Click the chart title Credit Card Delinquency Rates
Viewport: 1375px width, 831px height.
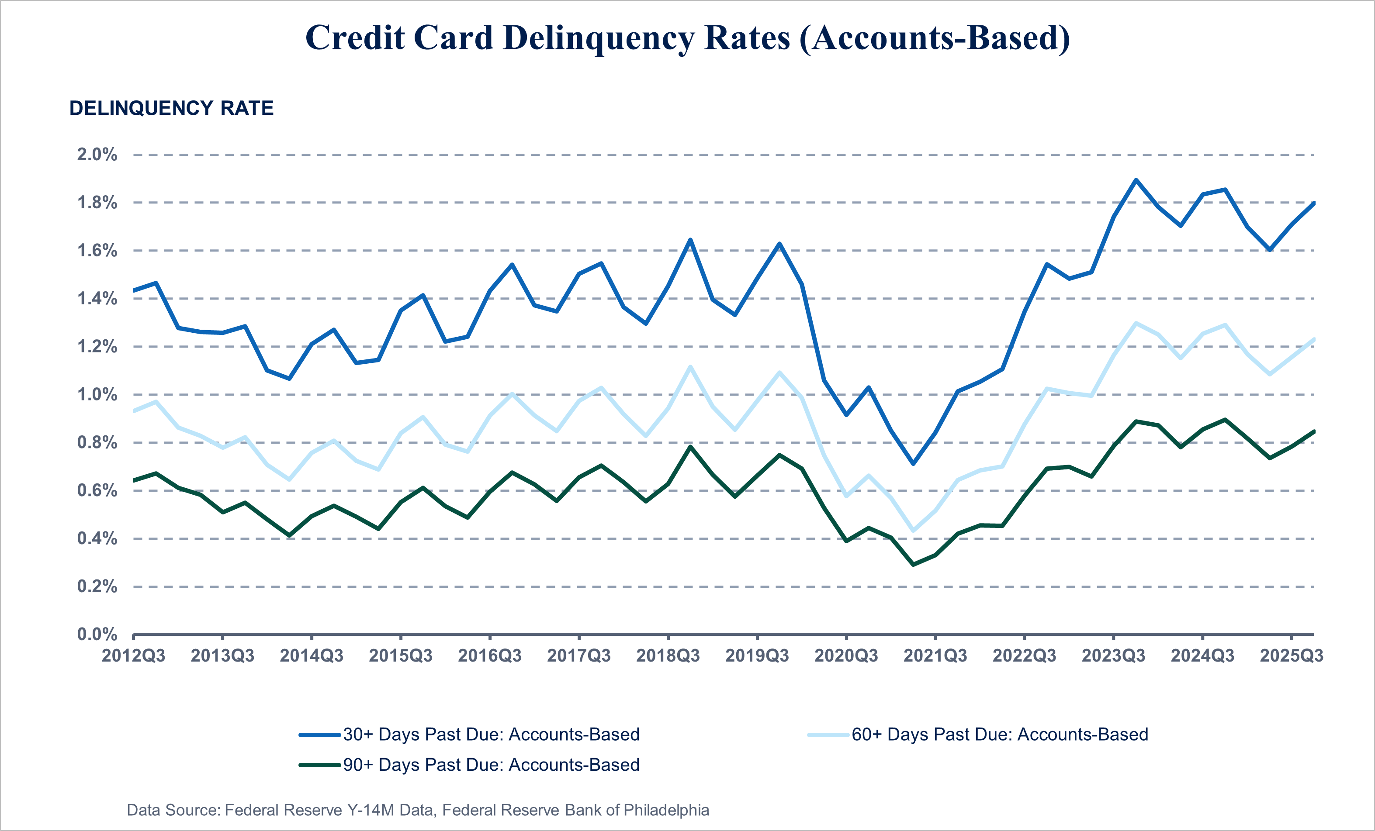688,38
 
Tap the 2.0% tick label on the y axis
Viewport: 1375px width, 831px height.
97,155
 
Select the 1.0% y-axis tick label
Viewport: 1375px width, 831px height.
97,395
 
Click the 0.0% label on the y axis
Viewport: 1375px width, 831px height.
97,634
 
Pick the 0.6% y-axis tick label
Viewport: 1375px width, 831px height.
97,491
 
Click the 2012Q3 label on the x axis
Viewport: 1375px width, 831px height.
133,656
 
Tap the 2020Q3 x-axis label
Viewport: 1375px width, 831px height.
846,656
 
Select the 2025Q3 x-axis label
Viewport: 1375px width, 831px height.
1291,656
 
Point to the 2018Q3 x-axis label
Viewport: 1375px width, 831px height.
668,656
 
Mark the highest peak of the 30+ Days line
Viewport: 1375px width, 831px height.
1136,180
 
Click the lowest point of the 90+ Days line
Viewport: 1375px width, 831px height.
913,565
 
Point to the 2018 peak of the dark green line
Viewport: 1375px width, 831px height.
690,447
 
